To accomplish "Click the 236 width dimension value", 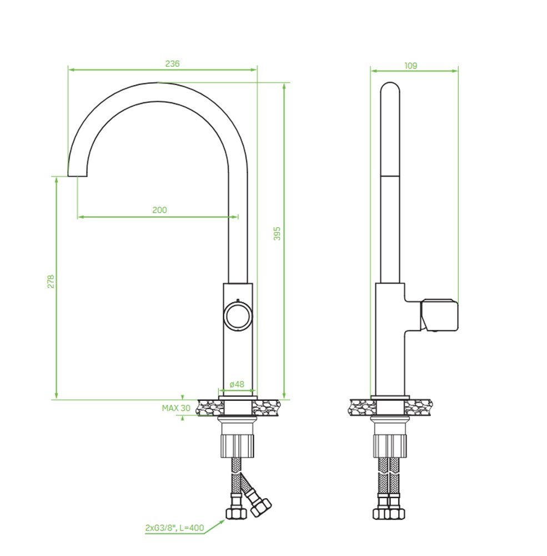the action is click(x=172, y=64).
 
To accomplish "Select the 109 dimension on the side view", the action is click(x=410, y=66).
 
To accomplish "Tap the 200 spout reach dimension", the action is click(x=159, y=210).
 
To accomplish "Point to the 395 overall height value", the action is click(x=277, y=234).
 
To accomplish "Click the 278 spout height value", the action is click(x=51, y=281).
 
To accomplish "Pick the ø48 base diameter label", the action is click(x=237, y=384).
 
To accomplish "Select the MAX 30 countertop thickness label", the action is click(x=176, y=408).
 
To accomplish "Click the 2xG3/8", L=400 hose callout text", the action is click(x=175, y=528).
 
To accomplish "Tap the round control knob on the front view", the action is click(x=238, y=315).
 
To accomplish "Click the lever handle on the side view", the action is click(x=439, y=315).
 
